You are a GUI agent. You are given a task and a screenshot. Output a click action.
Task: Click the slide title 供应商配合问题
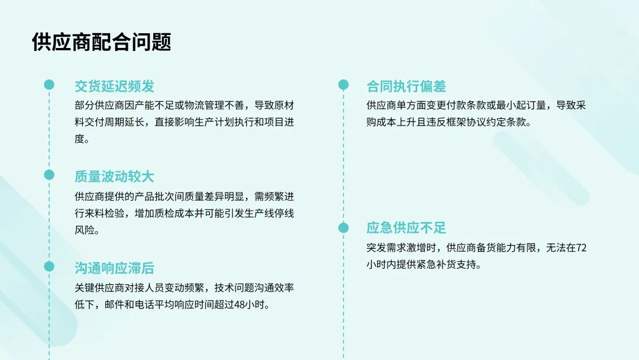[101, 43]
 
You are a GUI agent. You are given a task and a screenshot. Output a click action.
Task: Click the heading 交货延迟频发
[114, 86]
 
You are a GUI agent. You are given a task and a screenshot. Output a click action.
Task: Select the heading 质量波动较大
[114, 176]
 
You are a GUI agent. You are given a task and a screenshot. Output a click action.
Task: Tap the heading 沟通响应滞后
[114, 268]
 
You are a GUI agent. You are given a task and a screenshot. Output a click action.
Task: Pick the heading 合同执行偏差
[406, 86]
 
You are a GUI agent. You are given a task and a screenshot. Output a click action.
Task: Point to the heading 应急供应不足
[406, 228]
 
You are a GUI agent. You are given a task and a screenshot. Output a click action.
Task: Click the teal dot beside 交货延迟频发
[49, 85]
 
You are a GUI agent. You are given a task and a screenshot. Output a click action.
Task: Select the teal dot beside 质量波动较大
[49, 175]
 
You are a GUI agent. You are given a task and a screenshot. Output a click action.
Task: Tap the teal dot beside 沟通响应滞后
[49, 266]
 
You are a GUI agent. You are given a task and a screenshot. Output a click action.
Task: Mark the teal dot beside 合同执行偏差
[343, 85]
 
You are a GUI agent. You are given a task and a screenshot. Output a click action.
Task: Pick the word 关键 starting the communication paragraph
[85, 288]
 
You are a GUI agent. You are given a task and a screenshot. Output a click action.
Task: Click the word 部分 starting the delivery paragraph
[85, 106]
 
